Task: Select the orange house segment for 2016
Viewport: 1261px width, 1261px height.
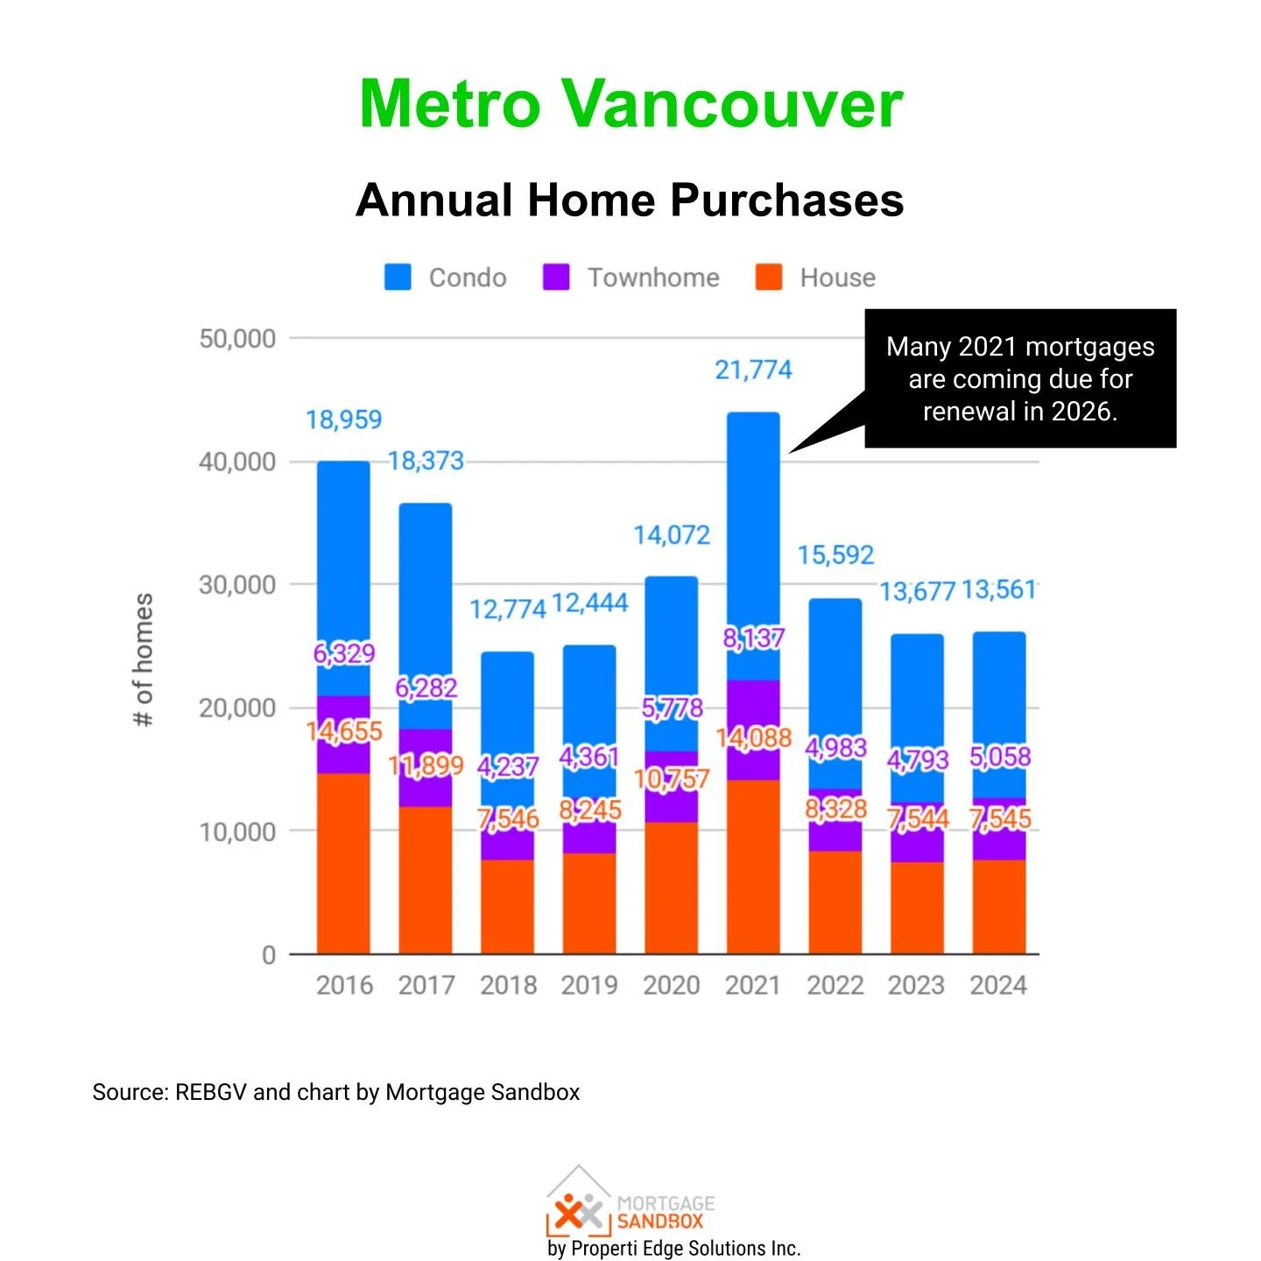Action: tap(343, 863)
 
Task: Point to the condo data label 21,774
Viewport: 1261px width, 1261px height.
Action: tap(753, 370)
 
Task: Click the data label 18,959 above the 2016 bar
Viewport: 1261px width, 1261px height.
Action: tap(343, 420)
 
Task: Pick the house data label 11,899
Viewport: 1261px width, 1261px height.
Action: tap(426, 766)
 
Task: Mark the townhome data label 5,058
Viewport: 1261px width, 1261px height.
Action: tap(1000, 757)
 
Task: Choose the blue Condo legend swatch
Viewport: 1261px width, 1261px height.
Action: tap(398, 278)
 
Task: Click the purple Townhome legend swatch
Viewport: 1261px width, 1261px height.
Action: tap(556, 278)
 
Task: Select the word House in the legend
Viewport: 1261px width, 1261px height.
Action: tap(837, 278)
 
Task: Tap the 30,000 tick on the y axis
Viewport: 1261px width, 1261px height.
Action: tap(236, 585)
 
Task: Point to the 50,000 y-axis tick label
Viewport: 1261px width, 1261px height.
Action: tap(236, 339)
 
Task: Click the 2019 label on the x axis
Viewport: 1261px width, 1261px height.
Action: tap(589, 985)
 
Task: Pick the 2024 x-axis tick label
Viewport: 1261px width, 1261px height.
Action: tap(998, 985)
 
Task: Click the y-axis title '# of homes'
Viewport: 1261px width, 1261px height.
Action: tap(143, 659)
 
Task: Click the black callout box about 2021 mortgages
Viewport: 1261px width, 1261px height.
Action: tap(1020, 378)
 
